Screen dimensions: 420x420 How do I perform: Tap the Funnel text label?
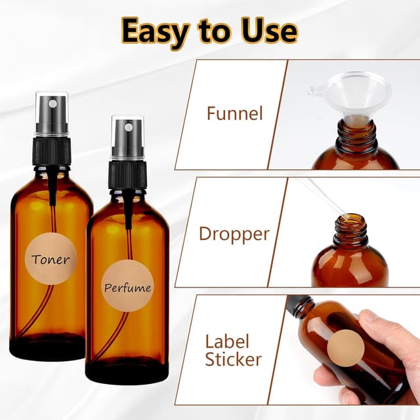point(234,114)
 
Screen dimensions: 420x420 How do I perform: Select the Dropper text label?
point(234,234)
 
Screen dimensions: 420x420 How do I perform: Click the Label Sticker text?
point(233,350)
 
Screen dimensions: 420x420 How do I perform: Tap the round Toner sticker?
point(50,259)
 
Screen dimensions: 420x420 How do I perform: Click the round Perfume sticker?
point(127,287)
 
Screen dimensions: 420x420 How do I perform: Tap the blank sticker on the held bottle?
point(346,348)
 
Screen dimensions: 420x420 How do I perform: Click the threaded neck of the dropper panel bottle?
point(350,230)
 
